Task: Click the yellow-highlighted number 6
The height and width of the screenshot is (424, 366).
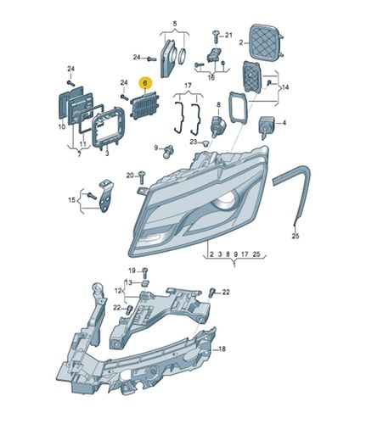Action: point(145,84)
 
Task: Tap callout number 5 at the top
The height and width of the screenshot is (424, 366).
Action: point(174,25)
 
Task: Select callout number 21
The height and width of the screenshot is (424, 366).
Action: point(228,36)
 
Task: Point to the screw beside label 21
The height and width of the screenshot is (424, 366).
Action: point(216,36)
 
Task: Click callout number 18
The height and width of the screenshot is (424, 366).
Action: point(222,349)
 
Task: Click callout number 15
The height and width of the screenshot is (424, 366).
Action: point(72,200)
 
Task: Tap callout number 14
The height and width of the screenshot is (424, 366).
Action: point(284,86)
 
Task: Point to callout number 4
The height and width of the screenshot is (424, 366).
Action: point(284,124)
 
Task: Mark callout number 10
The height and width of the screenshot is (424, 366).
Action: point(61,126)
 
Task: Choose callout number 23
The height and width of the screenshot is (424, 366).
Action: point(193,143)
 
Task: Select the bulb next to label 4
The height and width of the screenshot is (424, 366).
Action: point(267,126)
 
